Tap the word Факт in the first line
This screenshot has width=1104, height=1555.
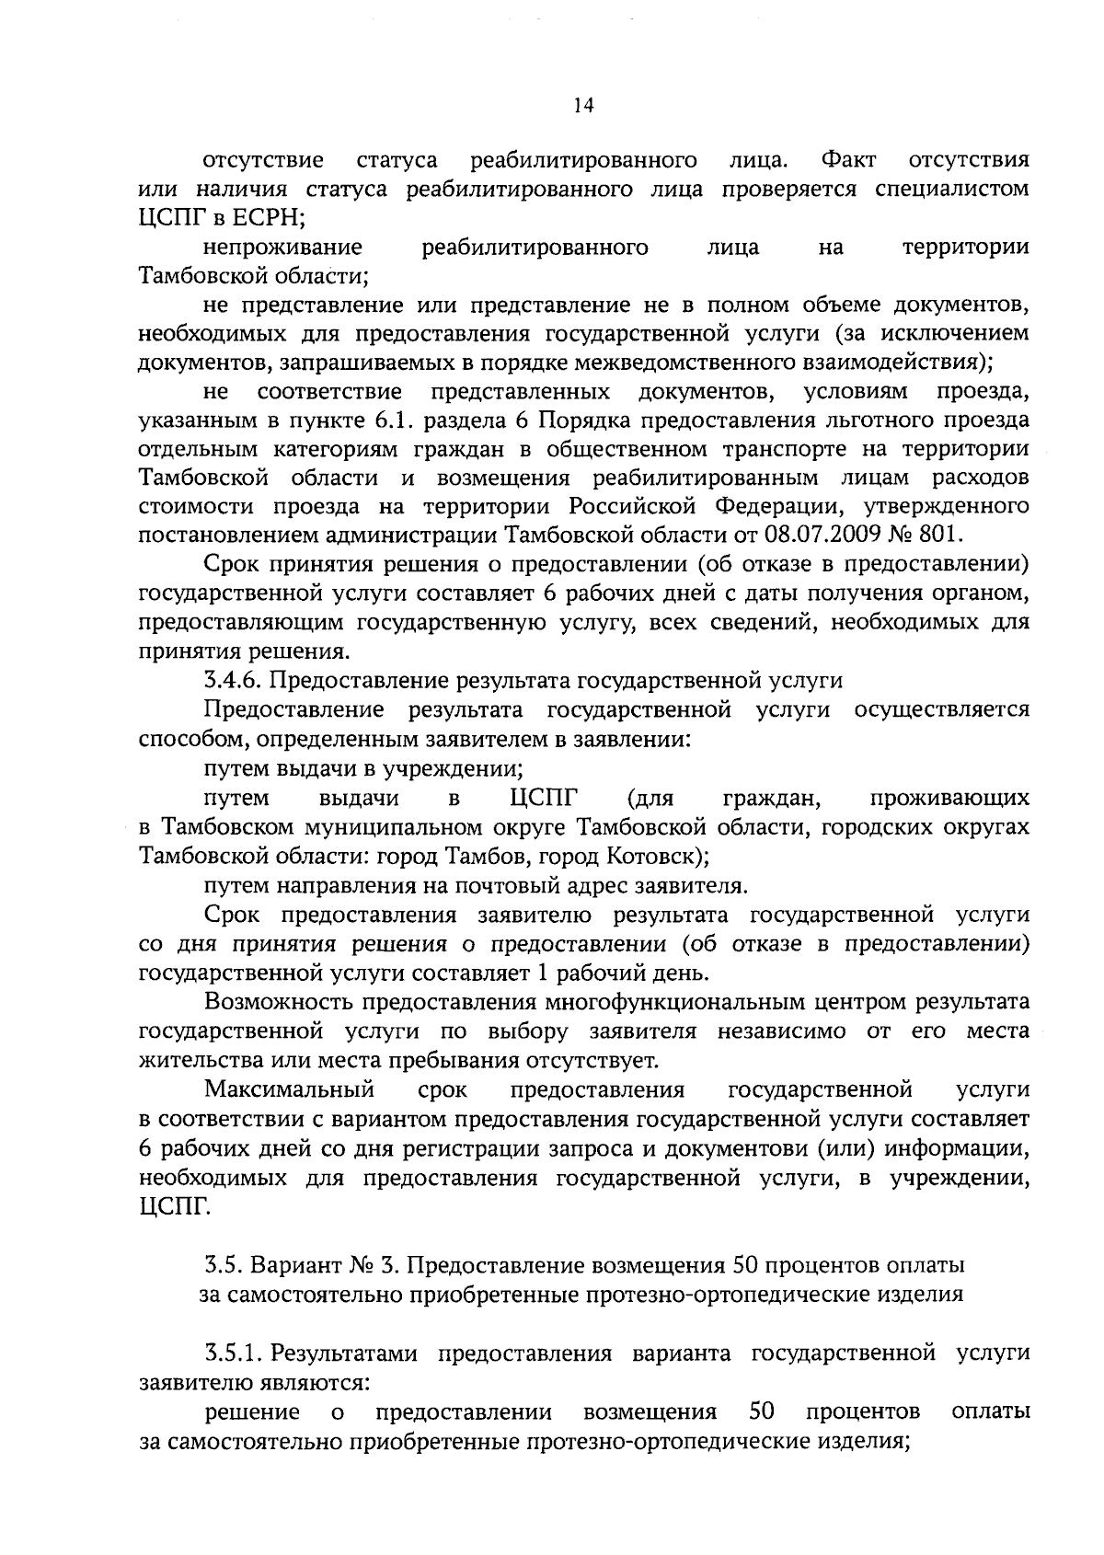point(848,160)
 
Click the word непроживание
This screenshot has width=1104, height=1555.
point(282,247)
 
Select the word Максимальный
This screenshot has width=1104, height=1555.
point(290,1089)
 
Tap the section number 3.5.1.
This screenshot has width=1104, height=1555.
point(234,1353)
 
